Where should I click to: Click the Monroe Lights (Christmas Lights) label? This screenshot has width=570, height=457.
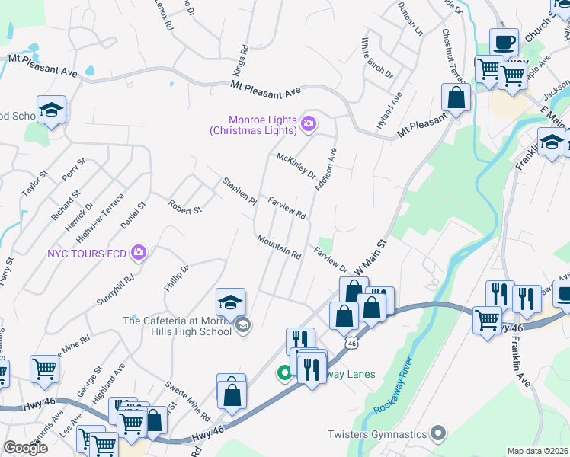click(263, 125)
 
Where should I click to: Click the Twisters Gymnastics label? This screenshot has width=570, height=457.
click(376, 435)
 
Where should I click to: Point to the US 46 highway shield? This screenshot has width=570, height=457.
click(351, 344)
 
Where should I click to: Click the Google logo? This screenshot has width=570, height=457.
click(25, 448)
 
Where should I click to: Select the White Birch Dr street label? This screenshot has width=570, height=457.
click(376, 59)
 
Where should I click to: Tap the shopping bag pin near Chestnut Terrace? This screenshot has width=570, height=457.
click(456, 98)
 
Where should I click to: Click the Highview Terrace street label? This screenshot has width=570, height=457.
click(101, 213)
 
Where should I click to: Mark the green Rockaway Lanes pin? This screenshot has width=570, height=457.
click(283, 372)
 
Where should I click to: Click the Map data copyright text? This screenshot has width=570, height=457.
click(537, 451)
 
